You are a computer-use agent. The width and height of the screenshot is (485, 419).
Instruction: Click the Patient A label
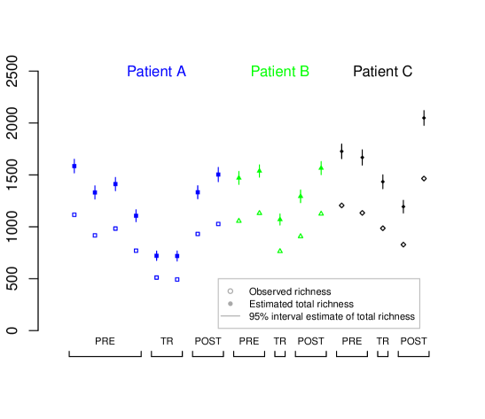click(156, 72)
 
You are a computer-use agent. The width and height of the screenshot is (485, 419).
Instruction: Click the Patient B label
click(280, 72)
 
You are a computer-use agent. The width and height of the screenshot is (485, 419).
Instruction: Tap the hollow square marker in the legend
click(230, 291)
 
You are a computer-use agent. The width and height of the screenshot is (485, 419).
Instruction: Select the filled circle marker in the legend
click(230, 303)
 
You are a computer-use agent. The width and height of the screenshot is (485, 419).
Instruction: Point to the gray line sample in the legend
click(230, 315)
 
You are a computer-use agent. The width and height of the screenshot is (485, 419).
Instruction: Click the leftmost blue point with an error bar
click(74, 166)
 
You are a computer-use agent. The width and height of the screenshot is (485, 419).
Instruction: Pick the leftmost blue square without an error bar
click(74, 214)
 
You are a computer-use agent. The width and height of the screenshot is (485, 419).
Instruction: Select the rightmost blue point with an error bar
click(218, 174)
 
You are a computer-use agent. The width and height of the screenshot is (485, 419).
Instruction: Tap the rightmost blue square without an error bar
click(218, 224)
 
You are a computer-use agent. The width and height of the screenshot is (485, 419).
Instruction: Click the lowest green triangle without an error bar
click(280, 251)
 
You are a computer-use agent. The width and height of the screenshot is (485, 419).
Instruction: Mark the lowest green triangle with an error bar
click(280, 218)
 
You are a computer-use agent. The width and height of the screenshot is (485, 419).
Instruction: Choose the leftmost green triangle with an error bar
click(239, 177)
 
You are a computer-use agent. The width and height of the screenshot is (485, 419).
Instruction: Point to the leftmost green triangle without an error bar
click(239, 220)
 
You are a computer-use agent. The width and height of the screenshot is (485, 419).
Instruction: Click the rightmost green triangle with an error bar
click(321, 167)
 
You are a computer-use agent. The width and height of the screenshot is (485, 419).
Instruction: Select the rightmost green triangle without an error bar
click(321, 213)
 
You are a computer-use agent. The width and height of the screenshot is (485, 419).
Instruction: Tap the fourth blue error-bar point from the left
click(136, 215)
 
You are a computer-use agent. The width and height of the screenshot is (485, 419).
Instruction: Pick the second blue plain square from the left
click(95, 236)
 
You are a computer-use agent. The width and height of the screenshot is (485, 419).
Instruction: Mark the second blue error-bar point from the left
click(95, 191)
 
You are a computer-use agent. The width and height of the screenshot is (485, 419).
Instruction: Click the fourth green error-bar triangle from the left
click(301, 196)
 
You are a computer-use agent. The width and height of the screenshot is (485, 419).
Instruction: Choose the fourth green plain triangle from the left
click(301, 236)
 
